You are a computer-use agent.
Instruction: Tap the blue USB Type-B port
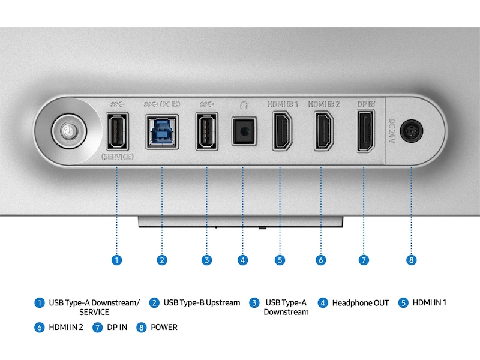pos(162,130)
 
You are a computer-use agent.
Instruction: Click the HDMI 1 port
pos(281,130)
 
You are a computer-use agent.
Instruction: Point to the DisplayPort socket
pos(364,130)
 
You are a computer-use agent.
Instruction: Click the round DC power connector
pos(411,131)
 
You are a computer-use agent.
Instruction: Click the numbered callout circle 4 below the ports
pos(242,260)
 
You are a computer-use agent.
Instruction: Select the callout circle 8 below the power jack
pos(411,260)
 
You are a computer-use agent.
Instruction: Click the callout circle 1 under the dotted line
pos(116,260)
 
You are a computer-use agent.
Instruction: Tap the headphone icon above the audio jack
pos(243,104)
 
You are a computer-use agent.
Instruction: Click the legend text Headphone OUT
pos(360,303)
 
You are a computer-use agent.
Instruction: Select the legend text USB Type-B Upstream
pos(202,303)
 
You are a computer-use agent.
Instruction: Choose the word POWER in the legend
pos(164,328)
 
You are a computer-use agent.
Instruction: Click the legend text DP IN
pos(116,328)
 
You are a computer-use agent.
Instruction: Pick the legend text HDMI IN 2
pos(66,328)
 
